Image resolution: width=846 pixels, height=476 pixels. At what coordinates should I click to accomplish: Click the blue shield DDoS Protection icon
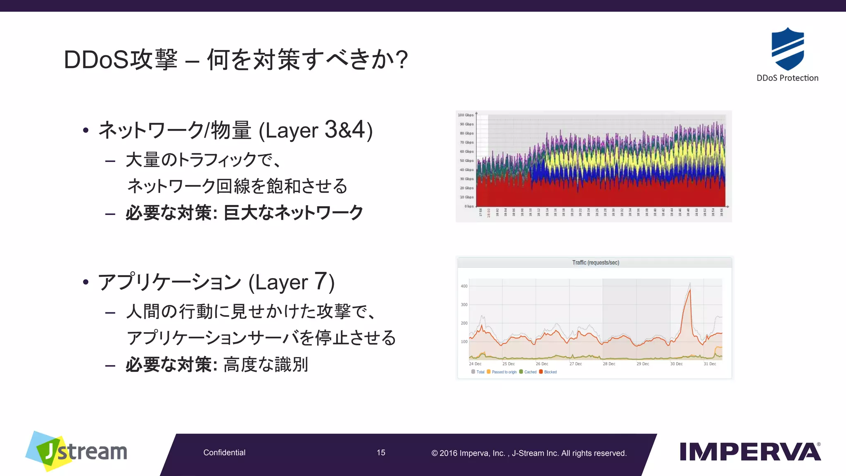click(787, 49)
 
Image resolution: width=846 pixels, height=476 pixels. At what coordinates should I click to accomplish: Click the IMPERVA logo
click(750, 452)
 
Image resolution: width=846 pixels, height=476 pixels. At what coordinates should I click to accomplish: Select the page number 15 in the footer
click(381, 452)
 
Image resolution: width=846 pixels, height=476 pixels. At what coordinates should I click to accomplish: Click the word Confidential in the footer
click(224, 452)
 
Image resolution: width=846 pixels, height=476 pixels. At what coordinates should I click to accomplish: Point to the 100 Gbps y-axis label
click(466, 115)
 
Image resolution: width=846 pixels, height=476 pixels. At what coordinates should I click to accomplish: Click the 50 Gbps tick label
click(466, 161)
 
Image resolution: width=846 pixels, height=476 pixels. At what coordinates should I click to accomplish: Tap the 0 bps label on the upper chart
click(469, 206)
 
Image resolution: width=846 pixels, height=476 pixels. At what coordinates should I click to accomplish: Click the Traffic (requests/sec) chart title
click(595, 263)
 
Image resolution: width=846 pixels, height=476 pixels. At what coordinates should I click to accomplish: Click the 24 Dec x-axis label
click(475, 364)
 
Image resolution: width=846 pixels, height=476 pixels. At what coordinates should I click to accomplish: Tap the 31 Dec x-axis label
click(710, 364)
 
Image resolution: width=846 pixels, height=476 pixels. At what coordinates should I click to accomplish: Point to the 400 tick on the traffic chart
click(464, 286)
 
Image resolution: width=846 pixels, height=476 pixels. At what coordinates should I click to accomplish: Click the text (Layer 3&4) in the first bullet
click(316, 130)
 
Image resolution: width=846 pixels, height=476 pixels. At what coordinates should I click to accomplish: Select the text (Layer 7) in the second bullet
click(292, 282)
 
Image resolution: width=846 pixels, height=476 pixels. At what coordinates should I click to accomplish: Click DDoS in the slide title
click(96, 59)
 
